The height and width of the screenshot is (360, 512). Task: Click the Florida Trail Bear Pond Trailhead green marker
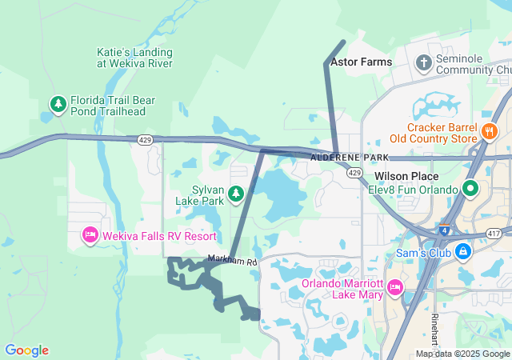(x=58, y=104)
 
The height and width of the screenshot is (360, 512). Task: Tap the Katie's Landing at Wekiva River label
(x=134, y=58)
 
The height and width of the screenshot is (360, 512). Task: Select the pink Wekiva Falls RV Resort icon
(x=90, y=236)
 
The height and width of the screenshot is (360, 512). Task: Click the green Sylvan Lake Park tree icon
(x=236, y=194)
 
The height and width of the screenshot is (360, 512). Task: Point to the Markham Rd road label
(x=233, y=261)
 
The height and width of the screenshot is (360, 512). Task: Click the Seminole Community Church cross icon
(x=423, y=62)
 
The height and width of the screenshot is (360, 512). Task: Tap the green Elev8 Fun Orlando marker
(x=470, y=190)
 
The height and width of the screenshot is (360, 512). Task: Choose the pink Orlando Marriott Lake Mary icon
(x=394, y=287)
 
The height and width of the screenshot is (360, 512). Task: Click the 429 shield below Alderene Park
(x=354, y=173)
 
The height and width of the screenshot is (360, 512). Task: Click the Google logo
(x=26, y=350)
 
